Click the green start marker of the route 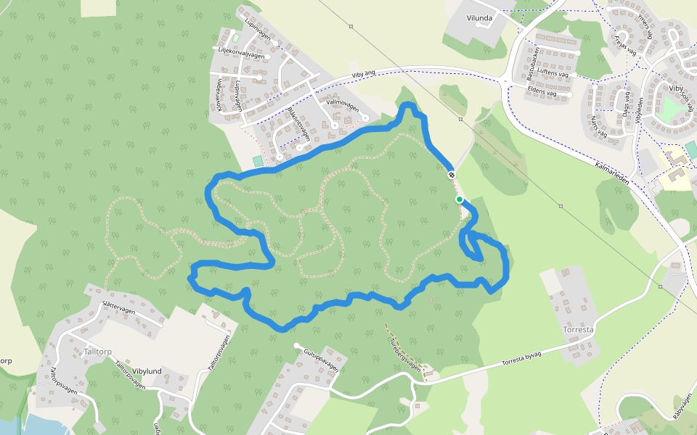pyautogui.click(x=459, y=199)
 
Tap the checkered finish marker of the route pyautogui.click(x=452, y=175)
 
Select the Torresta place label pyautogui.click(x=579, y=328)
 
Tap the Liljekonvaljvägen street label pyautogui.click(x=242, y=54)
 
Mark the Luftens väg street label pyautogui.click(x=554, y=74)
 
